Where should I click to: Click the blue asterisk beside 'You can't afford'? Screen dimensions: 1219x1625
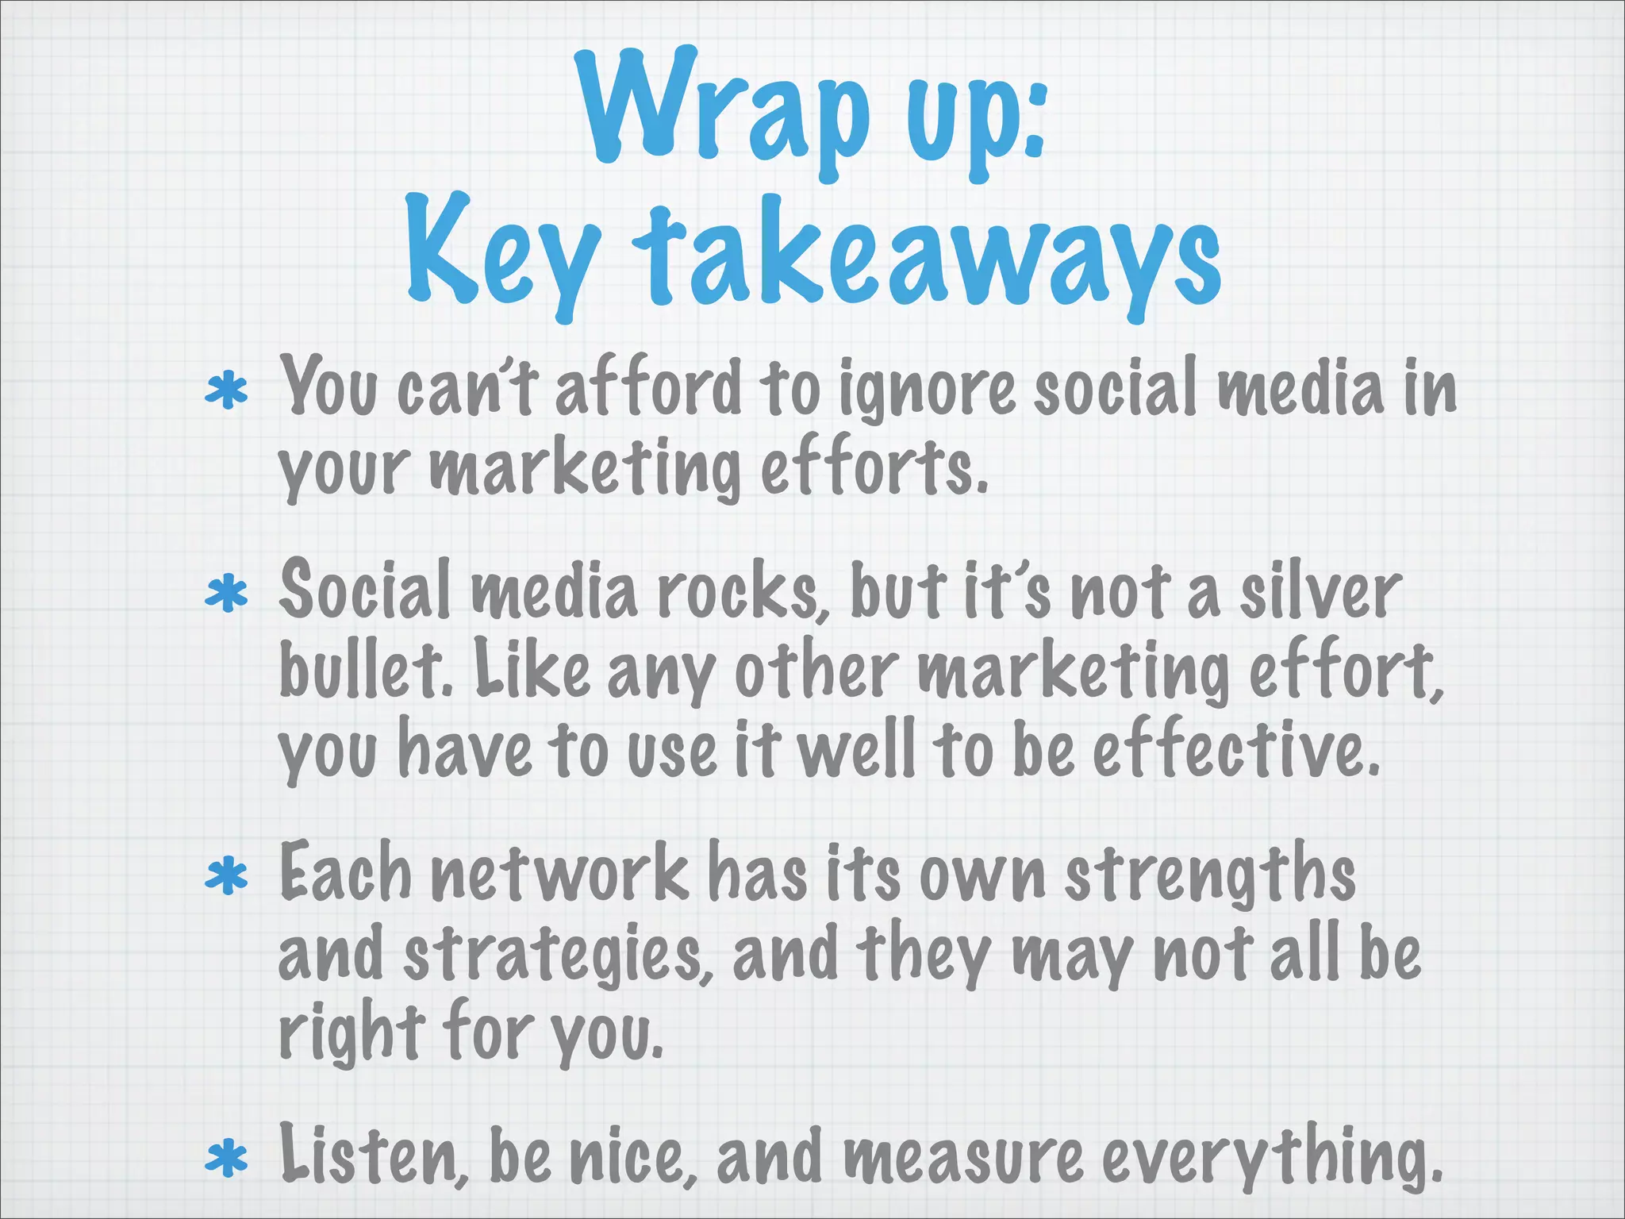click(x=227, y=390)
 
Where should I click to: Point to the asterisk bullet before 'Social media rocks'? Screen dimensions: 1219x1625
click(x=227, y=594)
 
